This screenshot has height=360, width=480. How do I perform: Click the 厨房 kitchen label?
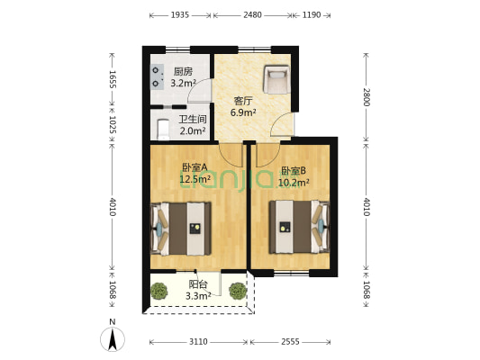coord(183,72)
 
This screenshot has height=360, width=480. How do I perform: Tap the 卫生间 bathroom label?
coord(192,120)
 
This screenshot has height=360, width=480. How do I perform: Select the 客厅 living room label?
coord(243,101)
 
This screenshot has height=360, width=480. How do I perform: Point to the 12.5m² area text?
coord(195,179)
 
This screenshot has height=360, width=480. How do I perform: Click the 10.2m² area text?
coord(294,183)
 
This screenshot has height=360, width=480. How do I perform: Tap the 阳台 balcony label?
coord(198,284)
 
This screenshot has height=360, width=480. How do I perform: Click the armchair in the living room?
coord(276,79)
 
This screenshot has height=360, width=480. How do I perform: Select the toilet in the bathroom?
coord(163,129)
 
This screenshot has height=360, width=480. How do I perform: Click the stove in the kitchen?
coord(157,76)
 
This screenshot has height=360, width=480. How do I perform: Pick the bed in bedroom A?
coord(181,229)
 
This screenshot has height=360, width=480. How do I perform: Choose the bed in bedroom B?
coord(299,227)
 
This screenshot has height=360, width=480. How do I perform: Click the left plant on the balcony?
coord(159,291)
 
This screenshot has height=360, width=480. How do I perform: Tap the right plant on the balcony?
coord(238,291)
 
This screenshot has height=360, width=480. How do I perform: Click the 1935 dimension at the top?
coord(180,14)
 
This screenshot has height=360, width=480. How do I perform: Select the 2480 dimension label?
coord(252,14)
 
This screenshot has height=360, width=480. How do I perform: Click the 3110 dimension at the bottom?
coord(198,342)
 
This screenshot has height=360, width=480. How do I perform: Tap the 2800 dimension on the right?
coord(367,97)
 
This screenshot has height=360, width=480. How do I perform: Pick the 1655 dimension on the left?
coord(113,79)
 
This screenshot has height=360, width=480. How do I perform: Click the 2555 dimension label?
coord(290,342)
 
